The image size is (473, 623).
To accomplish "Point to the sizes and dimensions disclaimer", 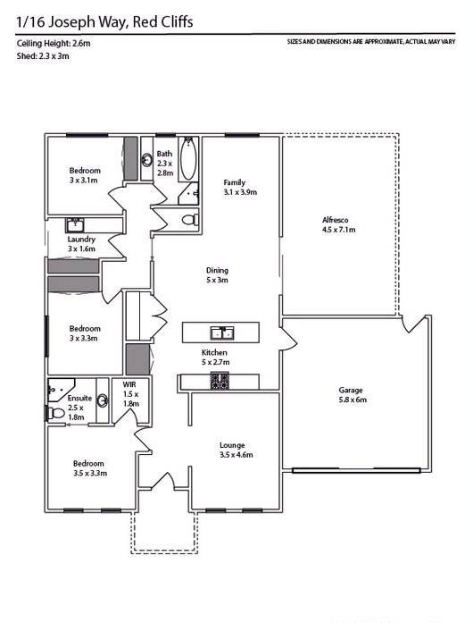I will (x=370, y=42).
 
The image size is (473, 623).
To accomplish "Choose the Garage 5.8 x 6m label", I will (x=352, y=395).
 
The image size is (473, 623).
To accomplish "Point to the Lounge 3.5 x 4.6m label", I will (x=236, y=450).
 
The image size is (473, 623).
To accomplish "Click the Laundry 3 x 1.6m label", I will (x=81, y=244).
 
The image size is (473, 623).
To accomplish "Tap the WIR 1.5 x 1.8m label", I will (x=129, y=393).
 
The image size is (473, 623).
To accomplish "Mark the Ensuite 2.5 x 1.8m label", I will (x=79, y=407).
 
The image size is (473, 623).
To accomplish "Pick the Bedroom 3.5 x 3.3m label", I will (x=90, y=468).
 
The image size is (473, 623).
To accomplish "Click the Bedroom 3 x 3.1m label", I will (x=85, y=175).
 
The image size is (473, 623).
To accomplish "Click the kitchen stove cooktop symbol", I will (x=220, y=382).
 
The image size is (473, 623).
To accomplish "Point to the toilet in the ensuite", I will (x=56, y=413).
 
